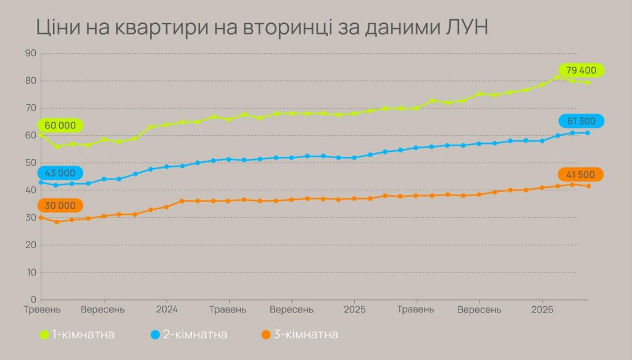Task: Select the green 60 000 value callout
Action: coord(60,125)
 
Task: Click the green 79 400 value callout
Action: coord(581,70)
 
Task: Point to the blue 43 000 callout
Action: coord(60,174)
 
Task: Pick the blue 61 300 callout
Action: coord(581,121)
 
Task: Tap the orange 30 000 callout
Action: coord(60,206)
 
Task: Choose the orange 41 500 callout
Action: coord(581,175)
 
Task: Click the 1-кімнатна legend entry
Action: coord(77,335)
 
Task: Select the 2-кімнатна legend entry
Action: coord(189,335)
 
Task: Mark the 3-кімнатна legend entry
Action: coord(299,335)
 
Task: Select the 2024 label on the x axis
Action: coord(167,309)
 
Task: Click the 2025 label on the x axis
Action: coord(354,309)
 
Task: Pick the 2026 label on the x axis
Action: coord(542,309)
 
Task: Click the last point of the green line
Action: coord(588,82)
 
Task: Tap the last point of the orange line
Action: coord(588,186)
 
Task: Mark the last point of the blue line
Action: coord(588,133)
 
